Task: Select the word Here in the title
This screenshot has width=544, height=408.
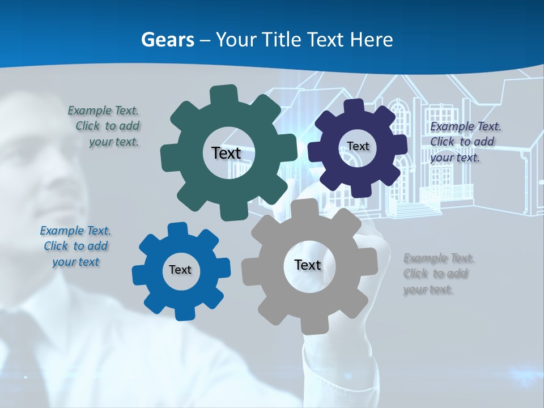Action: coord(372,40)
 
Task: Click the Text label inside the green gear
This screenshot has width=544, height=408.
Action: coord(226,153)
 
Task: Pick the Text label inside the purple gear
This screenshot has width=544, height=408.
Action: coord(358,146)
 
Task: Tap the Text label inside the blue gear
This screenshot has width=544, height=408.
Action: coord(180,270)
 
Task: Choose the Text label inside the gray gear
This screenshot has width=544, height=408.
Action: coord(308,265)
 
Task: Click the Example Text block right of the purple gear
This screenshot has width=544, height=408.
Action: coord(465,142)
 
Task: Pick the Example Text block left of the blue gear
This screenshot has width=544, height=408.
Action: coord(75,246)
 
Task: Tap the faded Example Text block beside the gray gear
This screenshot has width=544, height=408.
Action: coord(438,274)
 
